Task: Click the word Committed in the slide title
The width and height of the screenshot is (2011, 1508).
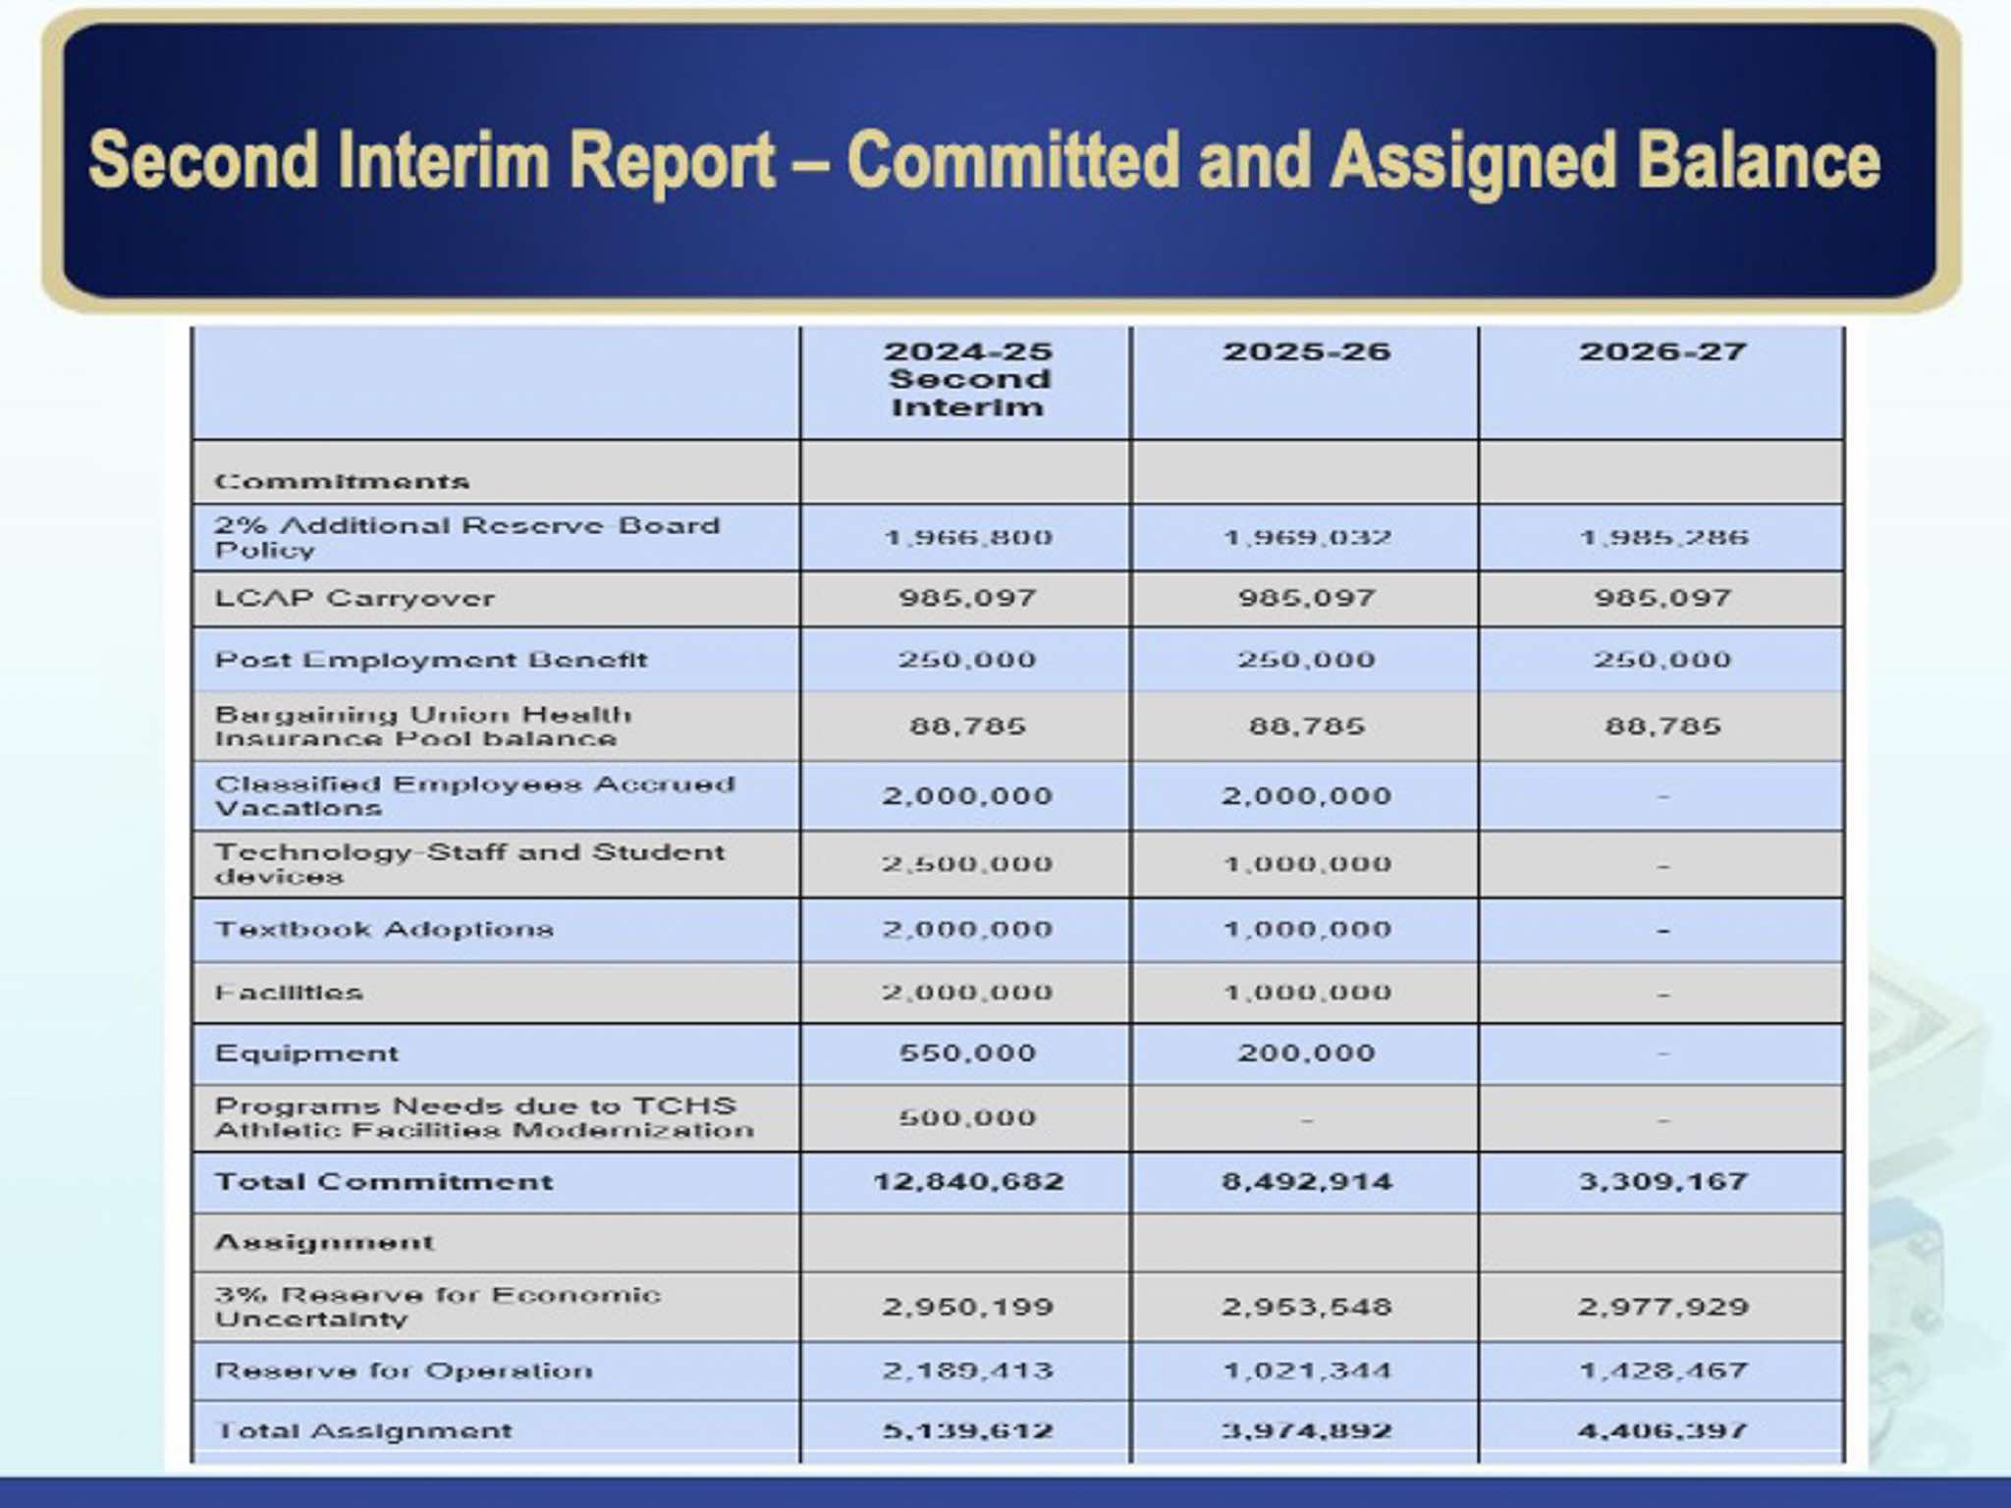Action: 1011,160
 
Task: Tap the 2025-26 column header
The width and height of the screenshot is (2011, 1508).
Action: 1306,352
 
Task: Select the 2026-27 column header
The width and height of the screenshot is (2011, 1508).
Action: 1662,352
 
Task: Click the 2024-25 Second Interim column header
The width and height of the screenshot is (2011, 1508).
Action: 967,379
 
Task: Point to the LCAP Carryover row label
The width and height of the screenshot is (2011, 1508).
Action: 354,598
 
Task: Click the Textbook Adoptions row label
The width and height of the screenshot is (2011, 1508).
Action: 384,929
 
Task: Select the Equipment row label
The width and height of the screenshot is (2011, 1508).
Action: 306,1053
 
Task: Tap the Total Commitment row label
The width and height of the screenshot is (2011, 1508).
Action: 384,1181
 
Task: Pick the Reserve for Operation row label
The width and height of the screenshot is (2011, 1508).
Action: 404,1371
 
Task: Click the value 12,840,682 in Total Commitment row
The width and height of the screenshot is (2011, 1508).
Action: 968,1181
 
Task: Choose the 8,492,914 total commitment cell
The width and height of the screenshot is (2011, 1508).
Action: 1306,1181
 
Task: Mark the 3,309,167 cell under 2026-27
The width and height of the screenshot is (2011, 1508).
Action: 1662,1181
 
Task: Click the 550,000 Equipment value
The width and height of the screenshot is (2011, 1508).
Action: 967,1053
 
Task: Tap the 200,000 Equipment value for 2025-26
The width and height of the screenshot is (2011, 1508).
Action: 1306,1053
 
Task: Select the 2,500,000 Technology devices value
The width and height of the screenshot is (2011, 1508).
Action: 967,864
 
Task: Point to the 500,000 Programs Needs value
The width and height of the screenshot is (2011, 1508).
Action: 967,1118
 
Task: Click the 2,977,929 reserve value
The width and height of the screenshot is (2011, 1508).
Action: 1662,1307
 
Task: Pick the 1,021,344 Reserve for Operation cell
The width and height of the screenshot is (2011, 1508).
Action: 1306,1371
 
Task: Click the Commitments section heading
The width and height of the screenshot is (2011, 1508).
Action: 342,481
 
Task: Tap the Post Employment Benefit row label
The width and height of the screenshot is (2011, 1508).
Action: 431,660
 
